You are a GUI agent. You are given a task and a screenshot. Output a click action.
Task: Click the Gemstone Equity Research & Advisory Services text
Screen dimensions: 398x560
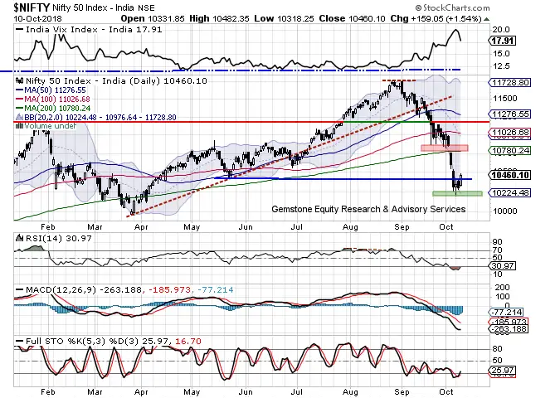pyautogui.click(x=368, y=209)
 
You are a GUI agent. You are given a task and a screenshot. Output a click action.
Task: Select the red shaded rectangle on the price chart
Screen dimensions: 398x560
pyautogui.click(x=445, y=148)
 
